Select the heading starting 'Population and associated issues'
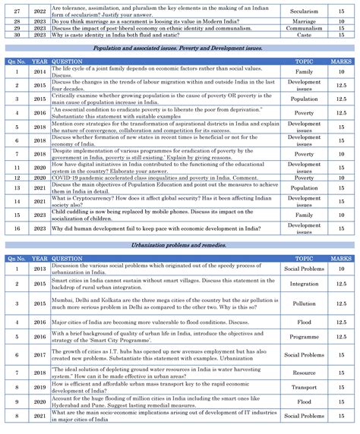tap(178, 49)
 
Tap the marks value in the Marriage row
tap(342, 24)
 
